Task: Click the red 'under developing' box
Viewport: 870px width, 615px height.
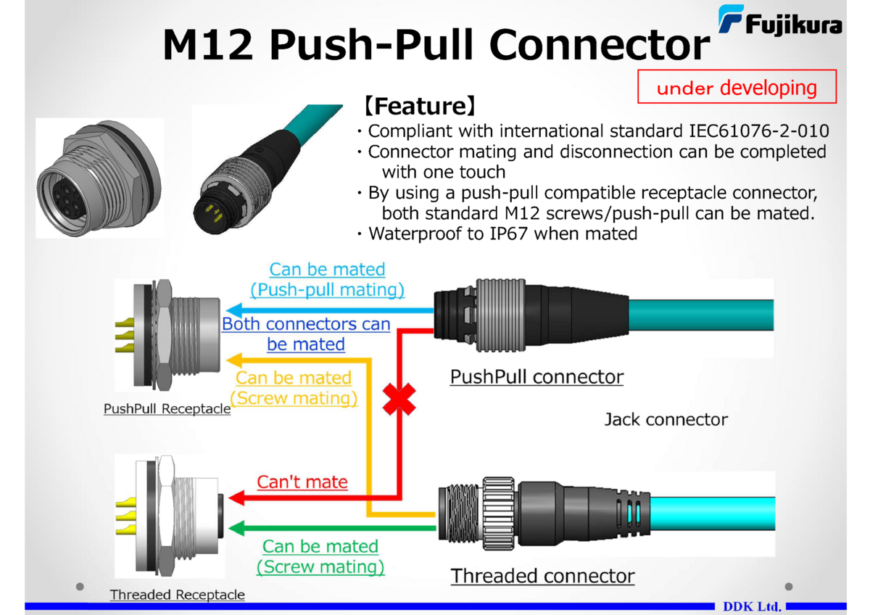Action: [x=737, y=87]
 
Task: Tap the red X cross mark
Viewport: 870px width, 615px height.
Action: [x=399, y=398]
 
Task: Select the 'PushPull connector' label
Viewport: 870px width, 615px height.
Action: [x=536, y=377]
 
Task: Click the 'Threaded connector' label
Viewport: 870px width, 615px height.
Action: [x=542, y=576]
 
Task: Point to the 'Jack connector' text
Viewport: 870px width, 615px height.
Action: [x=666, y=419]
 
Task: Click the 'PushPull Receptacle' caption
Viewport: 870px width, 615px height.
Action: [x=167, y=408]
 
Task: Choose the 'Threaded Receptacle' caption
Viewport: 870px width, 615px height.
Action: [x=177, y=595]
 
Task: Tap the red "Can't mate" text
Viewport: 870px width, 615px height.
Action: [x=302, y=482]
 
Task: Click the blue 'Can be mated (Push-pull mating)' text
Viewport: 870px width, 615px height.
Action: [x=327, y=279]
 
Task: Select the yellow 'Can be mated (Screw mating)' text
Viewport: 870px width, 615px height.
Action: [x=294, y=388]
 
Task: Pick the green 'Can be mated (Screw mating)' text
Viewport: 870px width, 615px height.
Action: [x=320, y=556]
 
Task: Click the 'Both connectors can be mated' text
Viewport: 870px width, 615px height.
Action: [x=306, y=334]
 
